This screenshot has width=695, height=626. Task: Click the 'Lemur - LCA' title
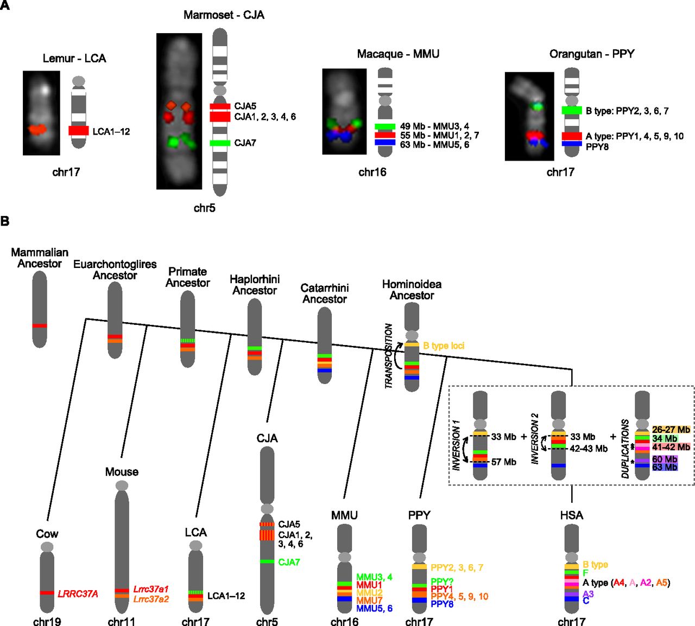tap(74, 59)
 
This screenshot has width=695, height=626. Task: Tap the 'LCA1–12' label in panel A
tap(111, 131)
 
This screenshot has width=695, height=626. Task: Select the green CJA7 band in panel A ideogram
tap(220, 143)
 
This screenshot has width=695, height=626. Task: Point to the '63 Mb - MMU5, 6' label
tap(434, 144)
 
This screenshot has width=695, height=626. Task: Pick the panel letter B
tap(5, 221)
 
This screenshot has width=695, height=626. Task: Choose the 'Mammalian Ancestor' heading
tap(40, 258)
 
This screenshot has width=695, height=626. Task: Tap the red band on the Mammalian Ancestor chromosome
tap(40, 325)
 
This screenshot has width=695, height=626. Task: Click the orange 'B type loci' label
tap(444, 346)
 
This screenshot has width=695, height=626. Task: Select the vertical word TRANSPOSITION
tap(389, 356)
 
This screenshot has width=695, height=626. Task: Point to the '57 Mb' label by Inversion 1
tap(503, 462)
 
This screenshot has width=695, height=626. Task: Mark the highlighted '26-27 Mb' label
tap(671, 430)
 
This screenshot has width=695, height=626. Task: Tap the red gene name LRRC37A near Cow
tap(78, 594)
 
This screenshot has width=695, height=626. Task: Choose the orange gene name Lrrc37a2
tap(151, 599)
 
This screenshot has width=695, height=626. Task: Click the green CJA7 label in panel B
tap(289, 563)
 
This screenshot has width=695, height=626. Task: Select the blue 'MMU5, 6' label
tap(374, 609)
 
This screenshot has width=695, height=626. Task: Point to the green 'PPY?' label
tap(442, 582)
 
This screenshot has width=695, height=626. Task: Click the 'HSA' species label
tap(571, 515)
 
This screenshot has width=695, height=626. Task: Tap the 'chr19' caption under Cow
tap(47, 621)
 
